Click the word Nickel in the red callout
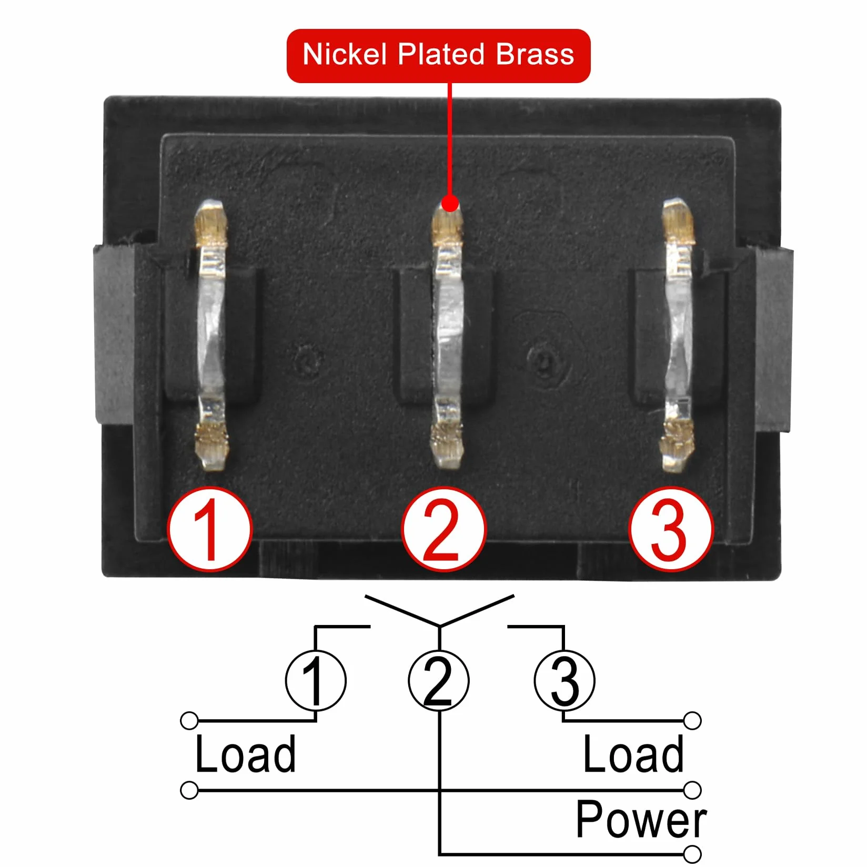(x=345, y=55)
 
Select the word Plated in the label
(x=441, y=55)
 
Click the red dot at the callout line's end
(x=450, y=203)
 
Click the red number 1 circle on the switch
(x=210, y=529)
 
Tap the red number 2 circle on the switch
(x=443, y=529)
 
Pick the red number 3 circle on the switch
(x=671, y=529)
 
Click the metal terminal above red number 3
(x=678, y=335)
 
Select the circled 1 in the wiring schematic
(x=316, y=680)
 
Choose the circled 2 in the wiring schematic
(x=439, y=680)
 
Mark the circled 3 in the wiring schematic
(x=564, y=680)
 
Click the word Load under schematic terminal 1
(x=245, y=754)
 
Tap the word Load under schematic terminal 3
(x=633, y=754)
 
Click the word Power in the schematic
(x=641, y=819)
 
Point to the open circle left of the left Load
(x=189, y=721)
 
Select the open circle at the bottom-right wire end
(x=693, y=853)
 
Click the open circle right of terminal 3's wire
(x=693, y=721)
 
